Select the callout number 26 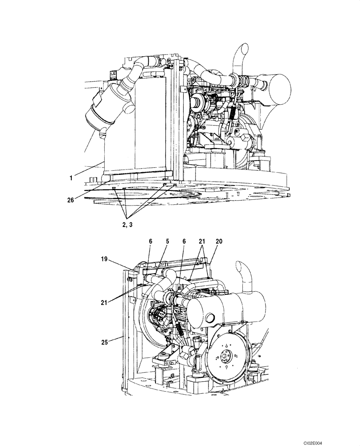71,200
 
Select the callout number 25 106,343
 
